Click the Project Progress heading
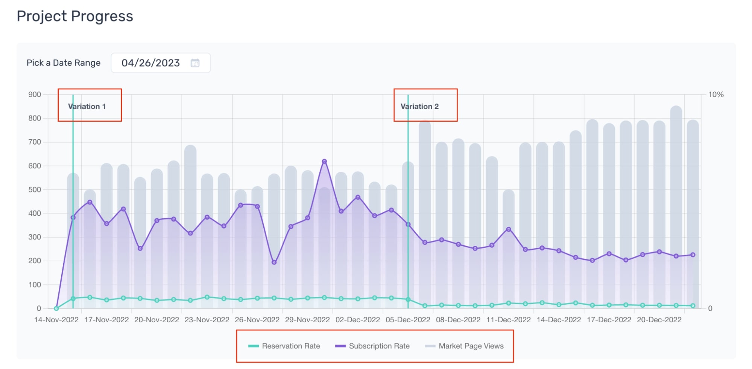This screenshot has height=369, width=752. click(75, 17)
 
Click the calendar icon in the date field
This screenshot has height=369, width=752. click(195, 63)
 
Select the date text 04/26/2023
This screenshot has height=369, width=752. click(150, 63)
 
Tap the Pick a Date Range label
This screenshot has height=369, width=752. click(64, 63)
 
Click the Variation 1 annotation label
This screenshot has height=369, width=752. click(87, 107)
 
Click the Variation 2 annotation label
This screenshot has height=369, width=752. click(419, 107)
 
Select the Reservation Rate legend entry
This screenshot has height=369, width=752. click(284, 346)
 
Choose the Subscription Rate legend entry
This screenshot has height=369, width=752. click(372, 346)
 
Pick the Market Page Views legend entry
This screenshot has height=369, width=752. click(464, 346)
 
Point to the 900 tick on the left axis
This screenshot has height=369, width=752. click(35, 95)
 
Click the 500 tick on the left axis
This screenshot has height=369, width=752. click(35, 190)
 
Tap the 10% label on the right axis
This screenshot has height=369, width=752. click(716, 95)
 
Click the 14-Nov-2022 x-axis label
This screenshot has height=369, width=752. click(56, 320)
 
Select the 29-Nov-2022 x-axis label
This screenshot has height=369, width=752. click(307, 320)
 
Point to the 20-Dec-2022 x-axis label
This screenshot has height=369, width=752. click(659, 320)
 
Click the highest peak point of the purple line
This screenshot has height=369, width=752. click(324, 162)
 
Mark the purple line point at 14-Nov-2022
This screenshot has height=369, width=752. click(56, 308)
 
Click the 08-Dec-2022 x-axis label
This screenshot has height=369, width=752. click(458, 320)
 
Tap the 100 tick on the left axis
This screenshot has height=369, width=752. click(35, 285)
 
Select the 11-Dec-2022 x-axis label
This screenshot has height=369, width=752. click(509, 320)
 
